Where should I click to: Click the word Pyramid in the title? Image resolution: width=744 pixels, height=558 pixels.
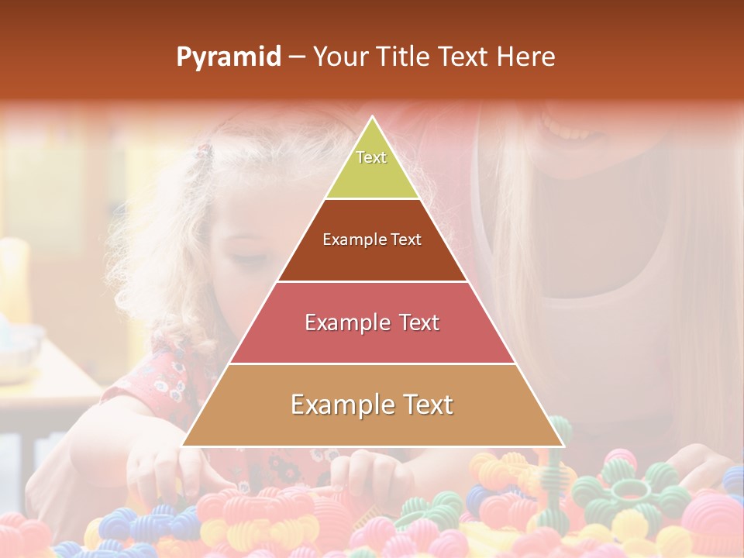click(228, 57)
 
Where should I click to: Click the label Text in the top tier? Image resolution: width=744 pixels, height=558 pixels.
click(371, 157)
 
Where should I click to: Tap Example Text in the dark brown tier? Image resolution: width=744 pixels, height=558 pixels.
click(372, 239)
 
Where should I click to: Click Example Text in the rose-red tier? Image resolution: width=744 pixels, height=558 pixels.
click(372, 322)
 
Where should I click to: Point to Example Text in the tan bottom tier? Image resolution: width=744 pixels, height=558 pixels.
click(372, 405)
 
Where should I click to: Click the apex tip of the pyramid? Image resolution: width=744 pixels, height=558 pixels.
click(373, 119)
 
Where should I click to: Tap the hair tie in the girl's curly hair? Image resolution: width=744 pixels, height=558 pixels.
click(204, 152)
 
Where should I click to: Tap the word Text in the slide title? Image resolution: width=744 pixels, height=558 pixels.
click(464, 57)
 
